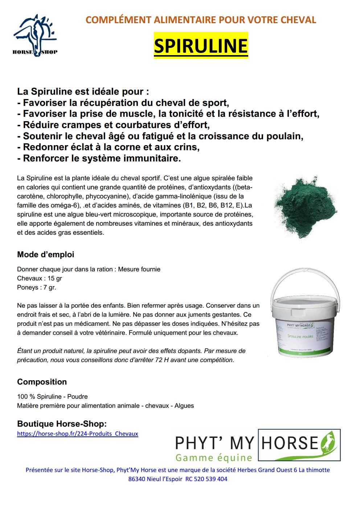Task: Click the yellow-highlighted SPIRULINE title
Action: click(201, 46)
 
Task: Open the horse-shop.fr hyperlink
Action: click(77, 434)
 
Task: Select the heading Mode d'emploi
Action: click(45, 254)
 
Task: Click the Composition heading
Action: click(42, 382)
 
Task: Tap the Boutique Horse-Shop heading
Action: click(62, 424)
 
